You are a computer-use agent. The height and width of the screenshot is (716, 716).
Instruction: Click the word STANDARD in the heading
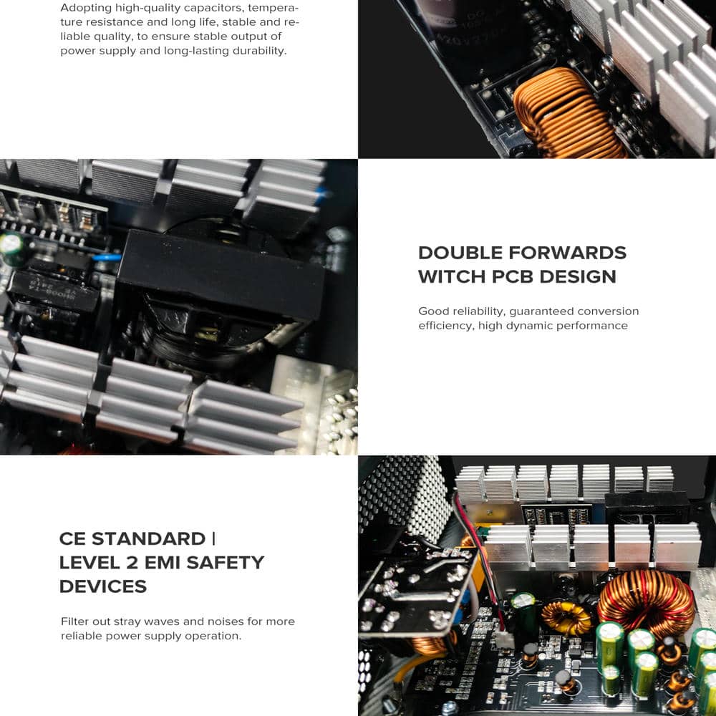pos(148,538)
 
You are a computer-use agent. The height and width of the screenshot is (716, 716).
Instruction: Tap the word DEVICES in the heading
pos(102,586)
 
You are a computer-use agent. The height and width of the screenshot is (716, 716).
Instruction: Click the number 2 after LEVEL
pos(132,562)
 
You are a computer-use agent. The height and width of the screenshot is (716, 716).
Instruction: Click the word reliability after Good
pos(475,311)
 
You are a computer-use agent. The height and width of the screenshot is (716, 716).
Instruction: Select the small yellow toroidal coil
pos(566,617)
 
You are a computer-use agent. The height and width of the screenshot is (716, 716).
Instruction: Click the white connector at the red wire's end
pos(505,639)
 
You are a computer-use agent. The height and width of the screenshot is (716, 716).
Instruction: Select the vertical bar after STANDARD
pos(213,538)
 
